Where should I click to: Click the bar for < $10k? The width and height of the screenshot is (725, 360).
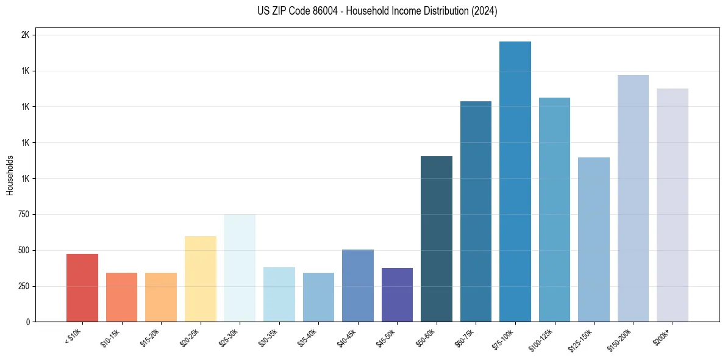click(82, 288)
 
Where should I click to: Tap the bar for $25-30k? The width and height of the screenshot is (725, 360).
click(240, 268)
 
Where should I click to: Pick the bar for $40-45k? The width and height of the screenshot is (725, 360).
click(358, 286)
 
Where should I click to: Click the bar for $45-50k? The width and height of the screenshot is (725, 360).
click(397, 295)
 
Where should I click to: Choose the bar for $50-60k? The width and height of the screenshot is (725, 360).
click(437, 239)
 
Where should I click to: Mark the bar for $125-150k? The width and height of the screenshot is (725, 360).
click(594, 240)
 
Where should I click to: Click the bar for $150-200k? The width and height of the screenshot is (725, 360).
click(633, 198)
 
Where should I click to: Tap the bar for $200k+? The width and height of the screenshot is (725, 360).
click(673, 205)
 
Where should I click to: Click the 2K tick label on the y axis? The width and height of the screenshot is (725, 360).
click(26, 35)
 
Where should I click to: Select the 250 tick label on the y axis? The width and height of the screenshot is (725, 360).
click(24, 286)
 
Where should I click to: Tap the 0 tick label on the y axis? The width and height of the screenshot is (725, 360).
click(27, 322)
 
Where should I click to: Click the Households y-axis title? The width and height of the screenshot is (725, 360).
click(10, 175)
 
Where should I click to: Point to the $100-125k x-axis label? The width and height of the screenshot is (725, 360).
click(544, 339)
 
